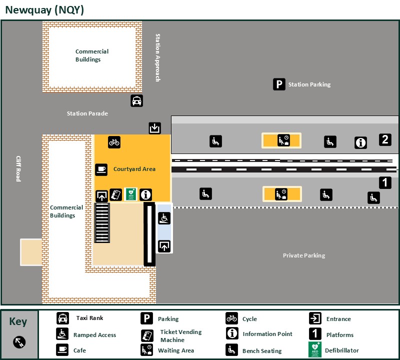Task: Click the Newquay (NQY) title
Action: click(x=44, y=10)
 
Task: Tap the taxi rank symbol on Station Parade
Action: click(x=136, y=100)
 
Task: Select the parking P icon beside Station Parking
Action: click(x=279, y=84)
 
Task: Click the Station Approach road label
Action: click(x=157, y=57)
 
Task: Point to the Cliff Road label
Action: click(x=18, y=168)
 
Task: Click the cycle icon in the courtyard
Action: click(x=114, y=142)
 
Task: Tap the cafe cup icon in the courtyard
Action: click(x=101, y=169)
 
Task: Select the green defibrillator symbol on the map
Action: click(x=130, y=194)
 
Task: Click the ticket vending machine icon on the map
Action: click(x=116, y=195)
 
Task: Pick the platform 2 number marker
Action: click(x=384, y=139)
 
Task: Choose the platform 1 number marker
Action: click(x=385, y=183)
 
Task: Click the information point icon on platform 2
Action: click(x=360, y=143)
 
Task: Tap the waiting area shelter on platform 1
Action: click(x=282, y=193)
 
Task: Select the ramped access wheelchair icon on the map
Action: click(x=164, y=218)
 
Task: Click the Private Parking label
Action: click(x=304, y=255)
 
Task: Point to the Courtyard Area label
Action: click(x=134, y=169)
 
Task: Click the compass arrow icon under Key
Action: click(x=19, y=342)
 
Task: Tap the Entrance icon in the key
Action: click(x=315, y=318)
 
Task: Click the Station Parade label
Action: click(x=87, y=113)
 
